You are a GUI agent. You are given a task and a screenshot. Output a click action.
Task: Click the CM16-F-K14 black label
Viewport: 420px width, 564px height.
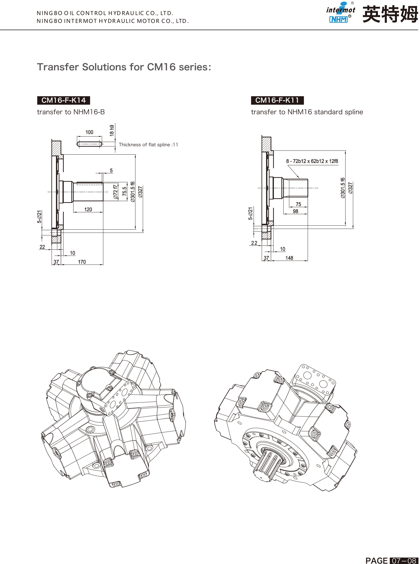click(64, 100)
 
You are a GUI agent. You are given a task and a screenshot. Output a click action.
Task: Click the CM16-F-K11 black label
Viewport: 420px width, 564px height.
click(277, 100)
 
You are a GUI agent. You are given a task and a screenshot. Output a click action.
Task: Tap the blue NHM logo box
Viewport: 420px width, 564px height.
click(338, 19)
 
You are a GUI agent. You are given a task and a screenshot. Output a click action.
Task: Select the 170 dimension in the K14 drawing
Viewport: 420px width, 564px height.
click(82, 262)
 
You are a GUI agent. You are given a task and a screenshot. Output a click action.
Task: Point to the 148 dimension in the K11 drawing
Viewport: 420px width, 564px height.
click(289, 258)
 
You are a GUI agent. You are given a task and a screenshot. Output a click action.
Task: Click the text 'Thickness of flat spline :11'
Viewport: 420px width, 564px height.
click(148, 144)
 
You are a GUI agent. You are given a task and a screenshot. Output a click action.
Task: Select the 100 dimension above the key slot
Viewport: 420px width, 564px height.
click(89, 132)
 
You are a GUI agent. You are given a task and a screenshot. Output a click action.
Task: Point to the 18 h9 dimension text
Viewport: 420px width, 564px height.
click(112, 130)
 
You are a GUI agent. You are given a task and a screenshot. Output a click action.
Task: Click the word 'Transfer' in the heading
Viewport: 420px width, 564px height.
click(58, 67)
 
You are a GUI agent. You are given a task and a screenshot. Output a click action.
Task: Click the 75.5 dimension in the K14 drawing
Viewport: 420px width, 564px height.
click(125, 191)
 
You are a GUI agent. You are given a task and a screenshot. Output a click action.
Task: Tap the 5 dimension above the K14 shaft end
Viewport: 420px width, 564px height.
click(111, 170)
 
